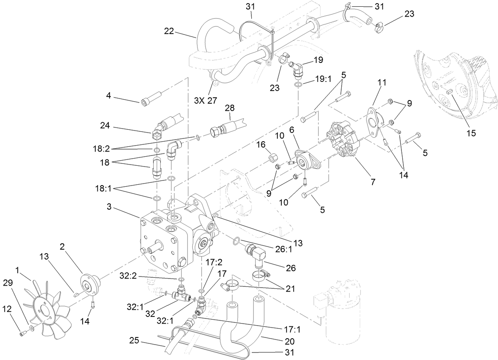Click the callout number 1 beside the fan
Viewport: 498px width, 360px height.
17,270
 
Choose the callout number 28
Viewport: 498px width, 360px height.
230,108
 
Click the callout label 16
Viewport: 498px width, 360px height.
260,145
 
